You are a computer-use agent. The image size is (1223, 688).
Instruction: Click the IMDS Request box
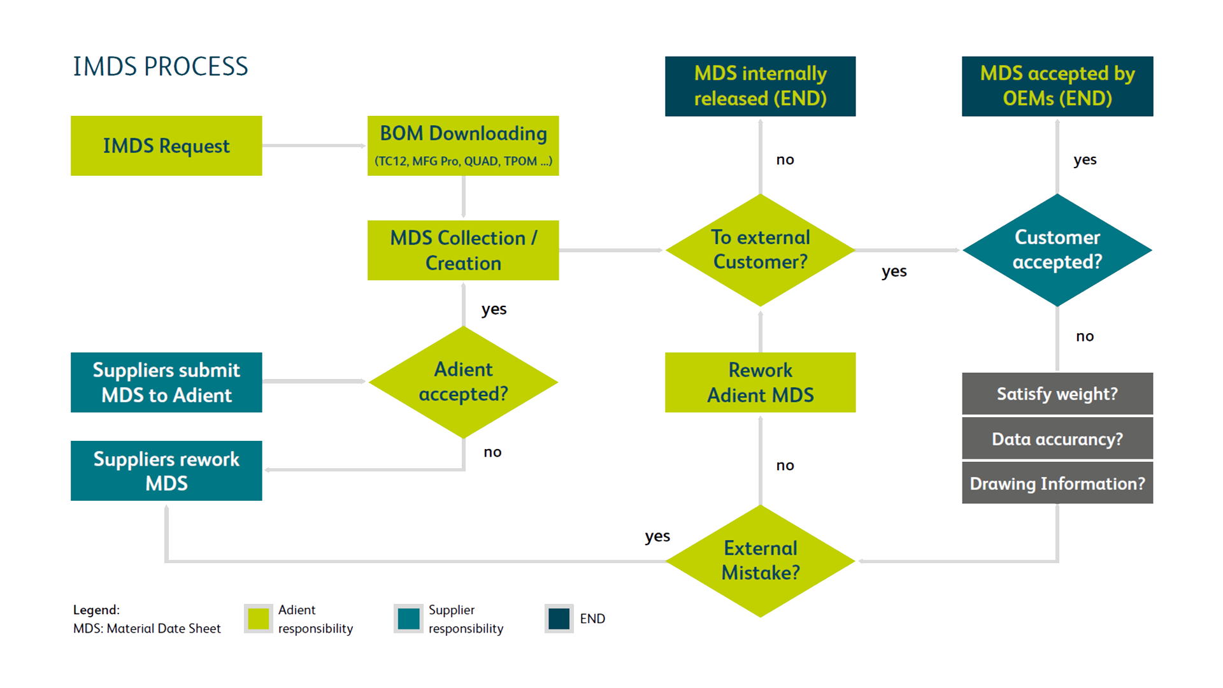(166, 146)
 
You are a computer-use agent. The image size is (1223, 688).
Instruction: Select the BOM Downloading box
(463, 146)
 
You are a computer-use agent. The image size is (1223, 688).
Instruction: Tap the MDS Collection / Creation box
(463, 250)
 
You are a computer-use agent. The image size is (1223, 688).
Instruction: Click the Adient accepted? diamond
(463, 382)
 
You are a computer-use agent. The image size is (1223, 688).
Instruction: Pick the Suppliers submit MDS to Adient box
(166, 382)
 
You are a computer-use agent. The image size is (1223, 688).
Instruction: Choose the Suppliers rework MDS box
(166, 471)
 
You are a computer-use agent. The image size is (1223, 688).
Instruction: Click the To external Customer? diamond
(760, 250)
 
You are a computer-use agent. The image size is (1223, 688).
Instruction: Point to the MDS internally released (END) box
(760, 86)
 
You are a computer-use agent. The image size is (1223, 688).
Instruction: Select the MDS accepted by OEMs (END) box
(1057, 86)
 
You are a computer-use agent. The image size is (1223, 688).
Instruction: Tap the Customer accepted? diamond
(1057, 250)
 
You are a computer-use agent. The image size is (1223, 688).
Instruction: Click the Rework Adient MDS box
(760, 382)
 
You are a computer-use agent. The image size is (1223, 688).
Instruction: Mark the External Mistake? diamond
(760, 561)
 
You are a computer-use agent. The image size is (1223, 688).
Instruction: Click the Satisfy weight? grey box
(1057, 394)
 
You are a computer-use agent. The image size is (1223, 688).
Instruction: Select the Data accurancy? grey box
(1057, 439)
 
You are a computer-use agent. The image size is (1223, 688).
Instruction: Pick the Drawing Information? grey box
(1057, 484)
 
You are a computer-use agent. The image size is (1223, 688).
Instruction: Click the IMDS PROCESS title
(161, 67)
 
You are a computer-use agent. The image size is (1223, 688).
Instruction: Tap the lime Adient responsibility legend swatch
(259, 619)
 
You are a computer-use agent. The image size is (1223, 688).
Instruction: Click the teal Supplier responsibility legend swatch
(408, 619)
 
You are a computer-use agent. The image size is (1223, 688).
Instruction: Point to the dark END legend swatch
(559, 619)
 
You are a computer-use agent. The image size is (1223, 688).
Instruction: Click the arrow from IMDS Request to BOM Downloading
(315, 146)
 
